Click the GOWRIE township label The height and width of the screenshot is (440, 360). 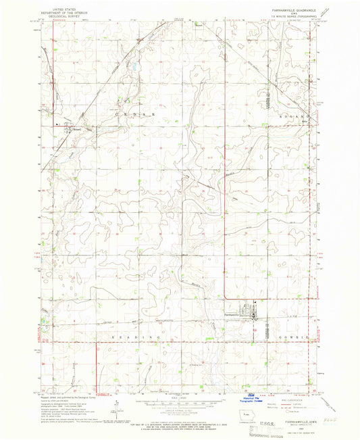[293, 337]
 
